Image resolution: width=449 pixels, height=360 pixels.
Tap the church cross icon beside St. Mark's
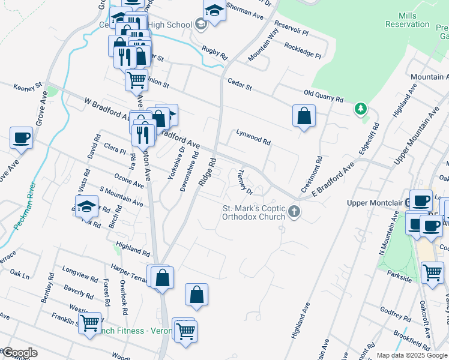pyautogui.click(x=294, y=211)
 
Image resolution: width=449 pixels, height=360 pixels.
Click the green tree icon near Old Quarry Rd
pyautogui.click(x=360, y=109)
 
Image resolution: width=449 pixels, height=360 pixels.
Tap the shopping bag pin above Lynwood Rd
pyautogui.click(x=304, y=115)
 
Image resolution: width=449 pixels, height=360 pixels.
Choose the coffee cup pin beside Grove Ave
pyautogui.click(x=22, y=137)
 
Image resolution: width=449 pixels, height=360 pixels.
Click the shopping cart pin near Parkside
pyautogui.click(x=432, y=272)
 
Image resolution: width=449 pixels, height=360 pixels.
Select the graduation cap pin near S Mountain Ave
pyautogui.click(x=87, y=205)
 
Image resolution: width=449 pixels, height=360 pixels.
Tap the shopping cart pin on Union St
pyautogui.click(x=137, y=79)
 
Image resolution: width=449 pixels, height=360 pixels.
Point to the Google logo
pyautogui.click(x=19, y=353)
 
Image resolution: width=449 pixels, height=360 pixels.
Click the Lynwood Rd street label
pyautogui.click(x=253, y=138)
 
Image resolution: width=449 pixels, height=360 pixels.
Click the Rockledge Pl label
pyautogui.click(x=303, y=49)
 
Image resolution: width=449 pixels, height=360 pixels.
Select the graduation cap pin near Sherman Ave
pyautogui.click(x=214, y=10)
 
